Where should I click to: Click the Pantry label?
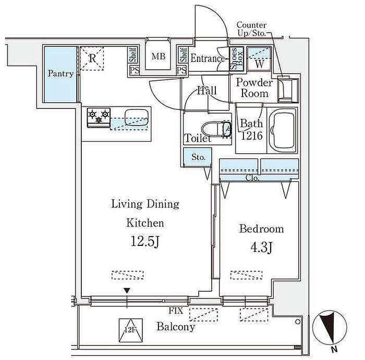pyautogui.click(x=60, y=73)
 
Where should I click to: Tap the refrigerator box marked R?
pyautogui.click(x=92, y=59)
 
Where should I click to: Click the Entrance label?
pyautogui.click(x=206, y=58)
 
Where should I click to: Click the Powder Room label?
pyautogui.click(x=254, y=88)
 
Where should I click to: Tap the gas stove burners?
pyautogui.click(x=99, y=116)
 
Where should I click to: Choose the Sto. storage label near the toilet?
pyautogui.click(x=198, y=157)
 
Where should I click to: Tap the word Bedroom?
pyautogui.click(x=262, y=228)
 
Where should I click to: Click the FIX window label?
pyautogui.click(x=176, y=311)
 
